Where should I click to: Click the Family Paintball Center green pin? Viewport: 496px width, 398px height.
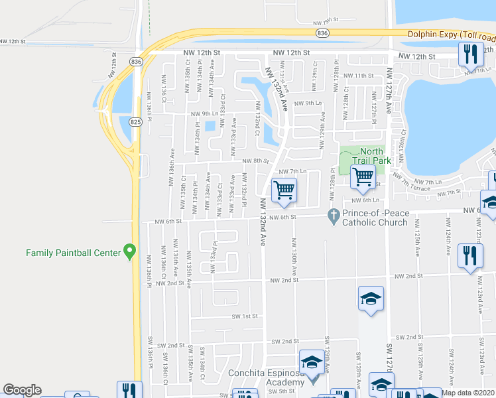click(130, 252)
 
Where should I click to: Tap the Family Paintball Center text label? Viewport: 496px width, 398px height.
click(73, 253)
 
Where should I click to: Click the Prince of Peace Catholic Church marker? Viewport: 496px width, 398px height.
click(334, 217)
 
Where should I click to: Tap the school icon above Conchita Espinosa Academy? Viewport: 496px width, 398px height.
click(310, 362)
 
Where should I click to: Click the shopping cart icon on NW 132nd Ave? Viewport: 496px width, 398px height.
click(284, 190)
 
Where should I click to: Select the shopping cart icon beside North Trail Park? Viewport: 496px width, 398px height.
click(363, 177)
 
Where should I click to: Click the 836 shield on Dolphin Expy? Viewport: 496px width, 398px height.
click(322, 33)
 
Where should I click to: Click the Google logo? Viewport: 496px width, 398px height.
click(22, 390)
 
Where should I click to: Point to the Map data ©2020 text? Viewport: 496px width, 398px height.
click(468, 393)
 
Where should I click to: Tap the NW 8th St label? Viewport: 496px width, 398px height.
click(255, 161)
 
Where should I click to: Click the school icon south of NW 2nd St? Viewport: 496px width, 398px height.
click(371, 298)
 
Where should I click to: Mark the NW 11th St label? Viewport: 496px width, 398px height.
click(363, 76)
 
